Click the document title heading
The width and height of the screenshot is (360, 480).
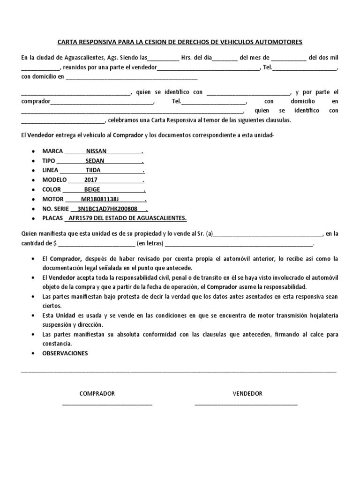(180, 42)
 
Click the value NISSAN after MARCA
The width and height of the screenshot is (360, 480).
(97, 151)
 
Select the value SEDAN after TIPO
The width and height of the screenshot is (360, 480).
(95, 161)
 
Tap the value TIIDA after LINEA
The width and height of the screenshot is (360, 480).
(93, 170)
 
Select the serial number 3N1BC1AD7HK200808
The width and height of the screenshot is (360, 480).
(107, 209)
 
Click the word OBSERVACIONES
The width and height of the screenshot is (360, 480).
(65, 353)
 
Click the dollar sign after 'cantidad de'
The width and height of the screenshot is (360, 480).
(56, 243)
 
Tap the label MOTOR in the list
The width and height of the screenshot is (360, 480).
(52, 199)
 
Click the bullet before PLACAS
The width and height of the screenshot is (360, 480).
(32, 219)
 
